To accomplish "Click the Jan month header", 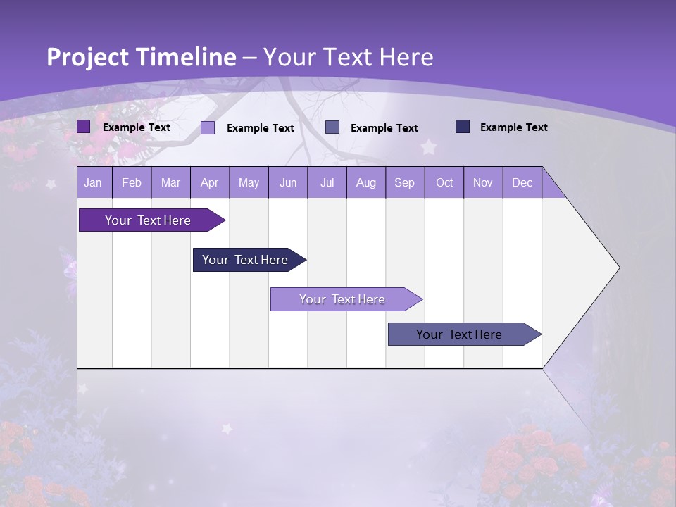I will pos(93,182).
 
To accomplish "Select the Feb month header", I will pos(132,182).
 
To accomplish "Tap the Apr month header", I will pos(210,182).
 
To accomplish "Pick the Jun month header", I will pos(288,182).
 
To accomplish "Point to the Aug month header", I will pos(366,182).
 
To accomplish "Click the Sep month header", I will pos(405,182).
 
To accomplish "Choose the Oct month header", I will pos(444,182).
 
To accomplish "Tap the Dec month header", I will pos(522,182).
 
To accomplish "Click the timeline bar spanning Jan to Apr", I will pos(148,220).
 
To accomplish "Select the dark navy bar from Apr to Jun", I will pos(245,260).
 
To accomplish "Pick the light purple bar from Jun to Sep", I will pos(342,299).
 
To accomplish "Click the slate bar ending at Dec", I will pos(459,334).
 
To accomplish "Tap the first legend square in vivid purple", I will pos(84,127).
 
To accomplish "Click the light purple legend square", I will pos(208,127).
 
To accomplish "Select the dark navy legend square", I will pos(463,127).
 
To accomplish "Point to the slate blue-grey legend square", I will pos(332,127).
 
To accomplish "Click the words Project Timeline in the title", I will pos(141,57).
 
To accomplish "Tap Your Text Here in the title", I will pos(349,57).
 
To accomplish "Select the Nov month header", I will pos(483,182).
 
